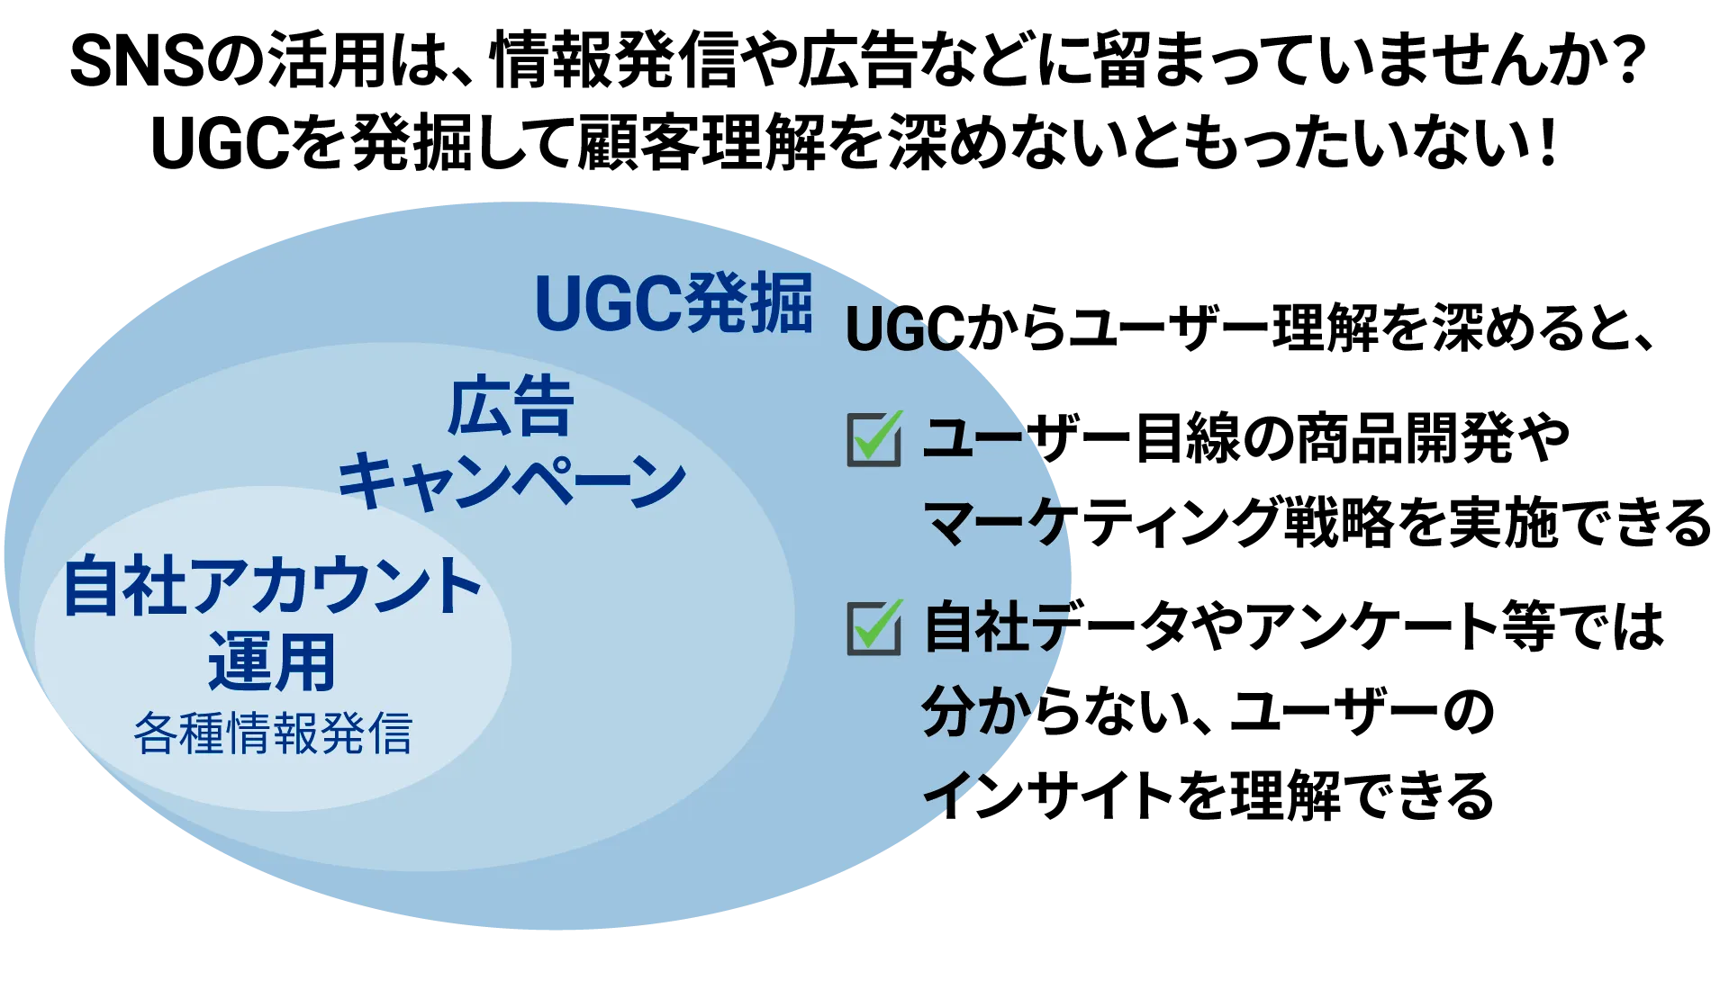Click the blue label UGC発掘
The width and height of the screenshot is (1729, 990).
tap(674, 302)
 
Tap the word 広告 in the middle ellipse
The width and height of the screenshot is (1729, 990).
tap(511, 407)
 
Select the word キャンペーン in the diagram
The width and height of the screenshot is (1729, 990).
tap(511, 482)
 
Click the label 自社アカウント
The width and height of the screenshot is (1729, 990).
tap(273, 585)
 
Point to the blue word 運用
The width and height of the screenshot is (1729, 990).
tap(272, 661)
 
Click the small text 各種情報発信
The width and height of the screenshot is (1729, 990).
tap(273, 733)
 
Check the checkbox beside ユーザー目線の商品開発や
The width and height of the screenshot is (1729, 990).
tap(874, 438)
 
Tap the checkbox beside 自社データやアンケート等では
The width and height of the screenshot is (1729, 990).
tap(874, 627)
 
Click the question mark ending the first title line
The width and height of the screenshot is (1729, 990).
tap(1626, 61)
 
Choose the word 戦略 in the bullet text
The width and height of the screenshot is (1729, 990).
tap(1339, 523)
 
